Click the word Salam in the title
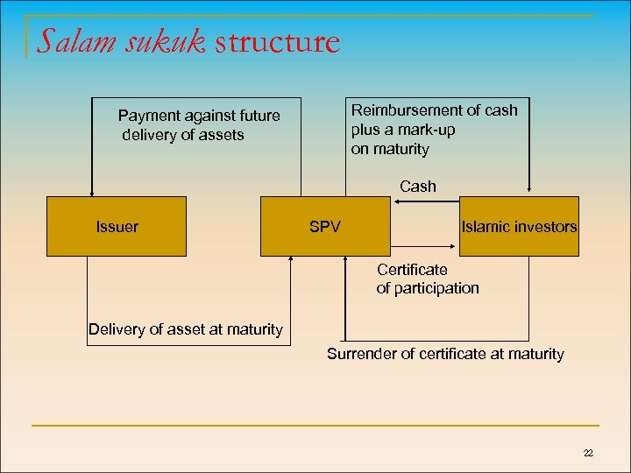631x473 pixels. pos(75,41)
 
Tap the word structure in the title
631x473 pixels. pos(276,42)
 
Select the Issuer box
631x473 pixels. pos(116,226)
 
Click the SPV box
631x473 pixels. pos(325,226)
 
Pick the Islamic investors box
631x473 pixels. pos(519,226)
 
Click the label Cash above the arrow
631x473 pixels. pos(417,186)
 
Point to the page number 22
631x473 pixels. pos(587,452)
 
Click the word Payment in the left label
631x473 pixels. pos(149,116)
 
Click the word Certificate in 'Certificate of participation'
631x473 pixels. pos(412,270)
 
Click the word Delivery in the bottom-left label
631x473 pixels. pos(117,329)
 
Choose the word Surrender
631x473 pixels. pos(360,354)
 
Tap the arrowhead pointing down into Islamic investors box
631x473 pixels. pos(529,187)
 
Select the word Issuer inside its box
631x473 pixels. pos(117,227)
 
